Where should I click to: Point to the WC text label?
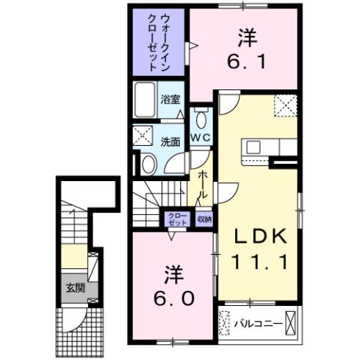[198, 138]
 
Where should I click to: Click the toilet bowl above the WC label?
[201, 120]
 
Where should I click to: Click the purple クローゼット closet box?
[177, 219]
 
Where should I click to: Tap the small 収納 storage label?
[204, 219]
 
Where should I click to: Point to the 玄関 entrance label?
[73, 288]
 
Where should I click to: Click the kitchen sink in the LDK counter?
[252, 146]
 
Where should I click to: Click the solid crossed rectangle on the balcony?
[292, 324]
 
